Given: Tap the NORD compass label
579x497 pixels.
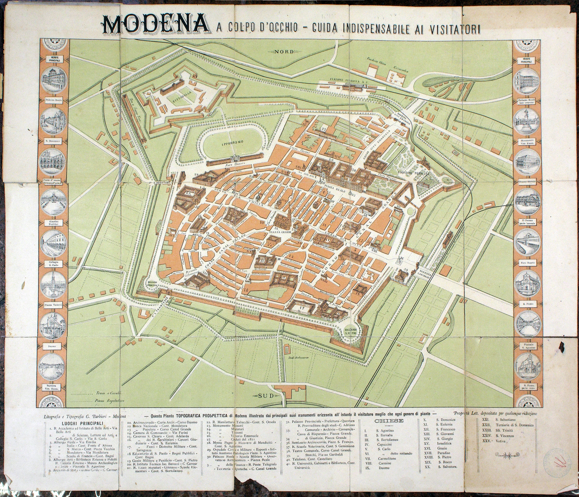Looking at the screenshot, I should point(284,51).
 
